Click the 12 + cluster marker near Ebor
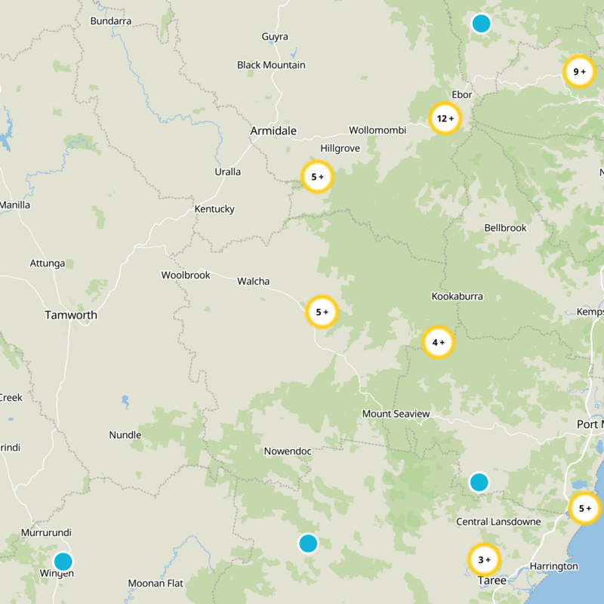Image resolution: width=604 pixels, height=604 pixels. [445, 118]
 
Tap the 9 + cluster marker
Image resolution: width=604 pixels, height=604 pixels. [579, 72]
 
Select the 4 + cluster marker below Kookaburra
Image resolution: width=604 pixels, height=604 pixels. [439, 342]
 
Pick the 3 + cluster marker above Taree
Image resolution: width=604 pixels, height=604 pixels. [484, 559]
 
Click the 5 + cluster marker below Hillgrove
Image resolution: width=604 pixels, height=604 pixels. [317, 177]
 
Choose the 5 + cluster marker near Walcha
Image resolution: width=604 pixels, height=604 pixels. [322, 312]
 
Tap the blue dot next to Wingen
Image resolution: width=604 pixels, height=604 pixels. [63, 561]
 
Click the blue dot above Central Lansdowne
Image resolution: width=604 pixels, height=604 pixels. [479, 482]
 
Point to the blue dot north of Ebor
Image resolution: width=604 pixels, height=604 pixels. [481, 23]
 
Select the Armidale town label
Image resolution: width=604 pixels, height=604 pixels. [273, 131]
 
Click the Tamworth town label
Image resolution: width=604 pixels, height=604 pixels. [71, 315]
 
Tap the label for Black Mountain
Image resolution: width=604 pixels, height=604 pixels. [271, 65]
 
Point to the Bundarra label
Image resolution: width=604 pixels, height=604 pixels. [111, 21]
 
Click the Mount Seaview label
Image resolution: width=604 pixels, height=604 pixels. [396, 414]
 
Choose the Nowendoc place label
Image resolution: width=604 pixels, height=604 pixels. [288, 451]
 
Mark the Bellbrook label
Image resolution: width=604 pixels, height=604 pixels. [506, 227]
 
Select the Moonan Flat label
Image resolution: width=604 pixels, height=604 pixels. [156, 583]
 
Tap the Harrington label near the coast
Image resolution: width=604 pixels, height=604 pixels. [553, 566]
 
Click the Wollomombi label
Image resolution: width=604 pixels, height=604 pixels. [377, 130]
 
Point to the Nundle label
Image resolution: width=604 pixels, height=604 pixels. [125, 435]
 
